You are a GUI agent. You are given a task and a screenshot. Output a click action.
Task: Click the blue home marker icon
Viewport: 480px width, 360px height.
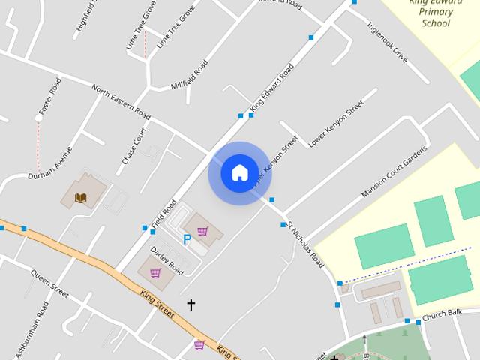point(239,172)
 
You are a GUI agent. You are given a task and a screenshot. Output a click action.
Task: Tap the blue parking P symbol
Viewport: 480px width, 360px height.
point(187,239)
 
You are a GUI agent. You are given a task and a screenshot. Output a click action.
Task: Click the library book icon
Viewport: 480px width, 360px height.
point(81,198)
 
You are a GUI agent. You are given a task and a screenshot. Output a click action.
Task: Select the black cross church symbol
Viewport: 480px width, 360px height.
point(190,304)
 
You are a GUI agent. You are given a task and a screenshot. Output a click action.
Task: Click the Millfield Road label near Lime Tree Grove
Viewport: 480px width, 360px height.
point(190,74)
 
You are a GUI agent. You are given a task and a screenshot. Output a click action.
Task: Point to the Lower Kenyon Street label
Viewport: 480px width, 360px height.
point(336,123)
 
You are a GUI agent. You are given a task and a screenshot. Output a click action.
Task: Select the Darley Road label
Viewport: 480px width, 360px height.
point(166,259)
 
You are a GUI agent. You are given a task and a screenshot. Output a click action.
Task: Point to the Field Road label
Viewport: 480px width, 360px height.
point(163,214)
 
